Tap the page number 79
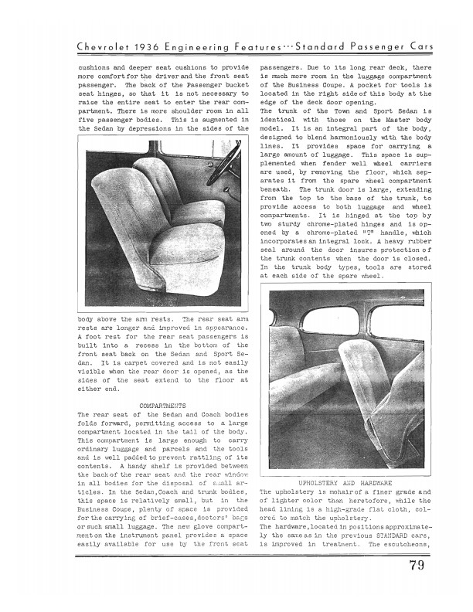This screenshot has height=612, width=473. [421, 572]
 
